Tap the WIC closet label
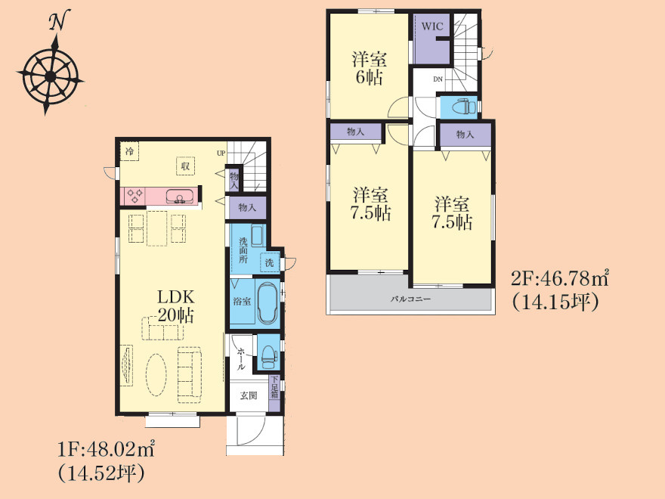[x=432, y=26]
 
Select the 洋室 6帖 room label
[x=369, y=69]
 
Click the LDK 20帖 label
[x=175, y=306]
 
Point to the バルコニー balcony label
[x=410, y=299]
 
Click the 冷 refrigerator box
[x=129, y=151]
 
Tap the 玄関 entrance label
[x=249, y=395]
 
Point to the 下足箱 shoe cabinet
[x=275, y=393]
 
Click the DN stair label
[x=438, y=79]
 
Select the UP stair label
[x=221, y=153]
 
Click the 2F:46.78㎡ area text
[x=560, y=278]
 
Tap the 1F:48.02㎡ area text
[x=105, y=449]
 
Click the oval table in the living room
[x=156, y=375]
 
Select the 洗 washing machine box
[x=270, y=262]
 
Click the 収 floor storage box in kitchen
[x=185, y=166]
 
